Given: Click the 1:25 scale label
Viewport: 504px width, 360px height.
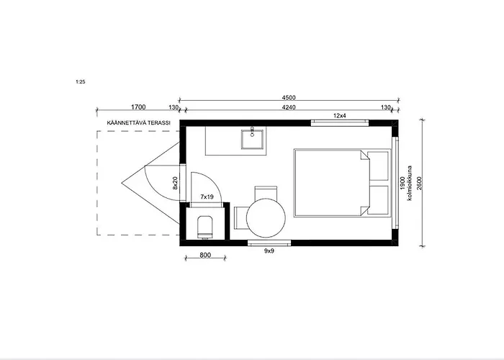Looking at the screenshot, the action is point(81,81).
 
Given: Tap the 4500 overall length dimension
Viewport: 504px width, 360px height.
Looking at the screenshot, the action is point(288,97).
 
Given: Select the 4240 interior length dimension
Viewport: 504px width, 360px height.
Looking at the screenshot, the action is point(288,107).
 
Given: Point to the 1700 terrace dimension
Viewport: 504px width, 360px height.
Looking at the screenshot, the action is point(138,107).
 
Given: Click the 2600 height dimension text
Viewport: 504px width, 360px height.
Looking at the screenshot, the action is point(419,183).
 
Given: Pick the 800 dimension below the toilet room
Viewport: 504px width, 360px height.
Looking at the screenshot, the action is point(205,255).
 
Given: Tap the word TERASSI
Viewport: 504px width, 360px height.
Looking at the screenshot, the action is point(159,123).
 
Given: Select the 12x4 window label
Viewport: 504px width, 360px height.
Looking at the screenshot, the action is point(339,116).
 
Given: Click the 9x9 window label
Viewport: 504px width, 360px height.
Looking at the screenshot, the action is point(269,251).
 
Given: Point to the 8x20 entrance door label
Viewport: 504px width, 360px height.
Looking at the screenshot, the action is point(175,183).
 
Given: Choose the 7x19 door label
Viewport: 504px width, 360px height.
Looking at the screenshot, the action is point(207,197).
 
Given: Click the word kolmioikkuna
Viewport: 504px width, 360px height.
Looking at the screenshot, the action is point(410,183).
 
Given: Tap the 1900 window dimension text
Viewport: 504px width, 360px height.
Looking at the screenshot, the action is point(402,183).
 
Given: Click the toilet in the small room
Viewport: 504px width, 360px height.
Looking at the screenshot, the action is point(205,228).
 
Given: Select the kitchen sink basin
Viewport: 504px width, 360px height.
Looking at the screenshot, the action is point(253,138).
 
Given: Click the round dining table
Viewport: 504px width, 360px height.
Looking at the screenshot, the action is point(266,218).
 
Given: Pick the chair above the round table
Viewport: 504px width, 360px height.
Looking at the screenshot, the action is point(266,192).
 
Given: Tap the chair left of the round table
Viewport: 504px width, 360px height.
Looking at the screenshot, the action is point(240,218).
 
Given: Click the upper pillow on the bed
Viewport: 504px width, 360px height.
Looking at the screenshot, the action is point(378,166).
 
